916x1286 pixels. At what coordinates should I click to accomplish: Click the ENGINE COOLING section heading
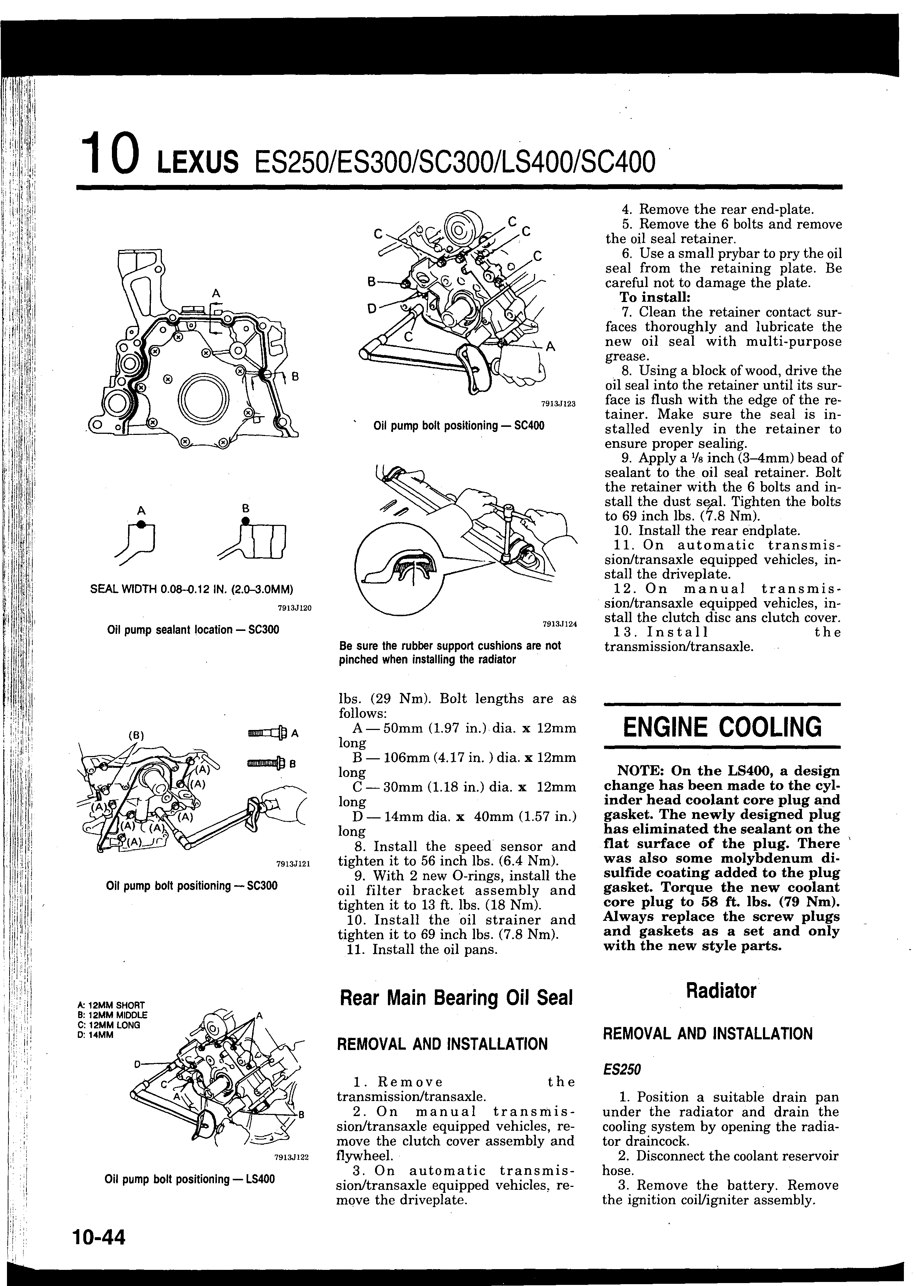point(722,728)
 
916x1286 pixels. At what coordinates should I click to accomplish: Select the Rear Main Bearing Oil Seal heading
point(456,998)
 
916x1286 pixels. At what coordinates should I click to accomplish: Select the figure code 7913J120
point(295,608)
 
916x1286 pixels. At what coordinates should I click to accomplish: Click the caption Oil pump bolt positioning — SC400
point(459,426)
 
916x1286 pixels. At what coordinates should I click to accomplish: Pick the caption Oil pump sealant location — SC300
point(193,629)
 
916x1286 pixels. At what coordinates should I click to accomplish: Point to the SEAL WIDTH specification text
point(192,589)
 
